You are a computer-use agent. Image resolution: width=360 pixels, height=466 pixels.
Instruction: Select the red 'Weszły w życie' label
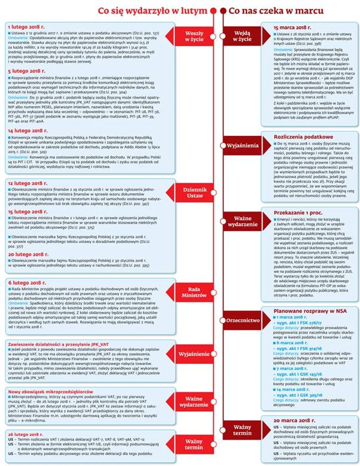click(x=194, y=36)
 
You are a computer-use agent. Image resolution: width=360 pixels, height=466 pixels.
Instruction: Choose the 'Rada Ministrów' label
click(x=194, y=292)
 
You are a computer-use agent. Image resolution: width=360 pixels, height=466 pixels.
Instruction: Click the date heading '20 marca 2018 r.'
click(x=296, y=421)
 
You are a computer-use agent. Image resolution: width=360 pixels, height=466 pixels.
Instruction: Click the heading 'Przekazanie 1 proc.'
click(x=299, y=213)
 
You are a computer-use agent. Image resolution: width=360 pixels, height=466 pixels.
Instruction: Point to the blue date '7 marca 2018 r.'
click(x=293, y=369)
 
